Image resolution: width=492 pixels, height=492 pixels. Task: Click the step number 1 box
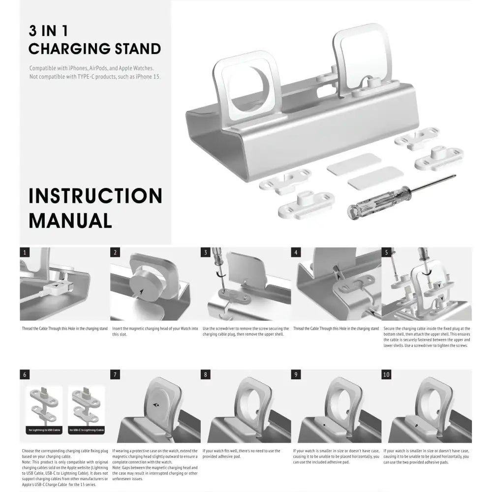(x=25, y=252)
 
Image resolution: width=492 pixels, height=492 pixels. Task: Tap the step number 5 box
(x=387, y=252)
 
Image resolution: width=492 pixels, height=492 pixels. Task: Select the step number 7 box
(x=115, y=374)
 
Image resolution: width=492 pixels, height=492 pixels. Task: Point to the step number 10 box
(x=387, y=374)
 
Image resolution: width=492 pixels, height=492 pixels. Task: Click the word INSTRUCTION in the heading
(x=95, y=196)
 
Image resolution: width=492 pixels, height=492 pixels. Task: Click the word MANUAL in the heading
(x=70, y=220)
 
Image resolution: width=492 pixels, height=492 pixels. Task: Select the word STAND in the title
(x=137, y=49)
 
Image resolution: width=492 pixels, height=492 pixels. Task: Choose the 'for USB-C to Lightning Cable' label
(x=87, y=430)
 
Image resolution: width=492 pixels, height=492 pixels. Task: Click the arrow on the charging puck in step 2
(x=142, y=292)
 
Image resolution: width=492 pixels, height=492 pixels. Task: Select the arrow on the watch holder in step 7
(x=155, y=405)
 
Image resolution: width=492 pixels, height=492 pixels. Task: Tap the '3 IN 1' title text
(x=48, y=31)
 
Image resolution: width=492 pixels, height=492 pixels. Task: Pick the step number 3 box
(x=206, y=252)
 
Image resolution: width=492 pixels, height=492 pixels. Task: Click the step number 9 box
(x=296, y=374)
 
